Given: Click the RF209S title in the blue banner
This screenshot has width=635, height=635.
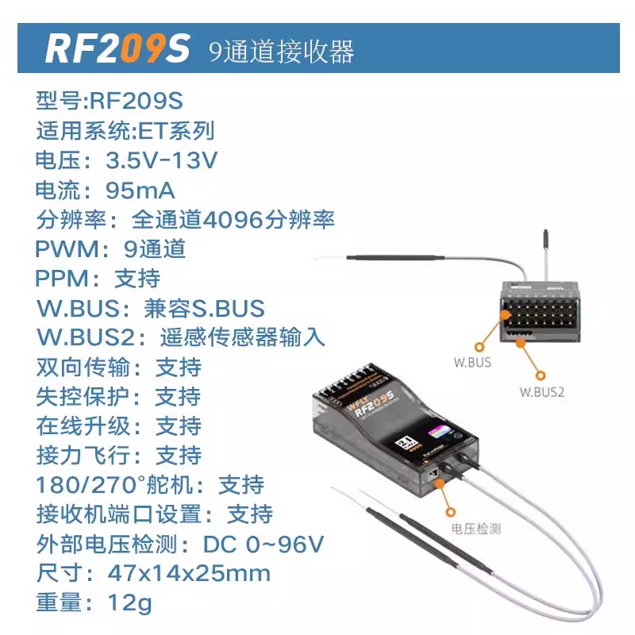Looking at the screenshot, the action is coord(117,48).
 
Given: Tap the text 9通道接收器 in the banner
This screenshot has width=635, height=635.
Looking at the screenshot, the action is coord(281,51).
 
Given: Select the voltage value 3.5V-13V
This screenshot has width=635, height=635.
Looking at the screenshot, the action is coord(161,161).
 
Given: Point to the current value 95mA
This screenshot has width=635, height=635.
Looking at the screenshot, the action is coord(140,190).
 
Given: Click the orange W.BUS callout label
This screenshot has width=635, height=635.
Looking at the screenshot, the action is coord(472,363).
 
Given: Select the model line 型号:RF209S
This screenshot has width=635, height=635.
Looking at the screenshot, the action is coord(109,102).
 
